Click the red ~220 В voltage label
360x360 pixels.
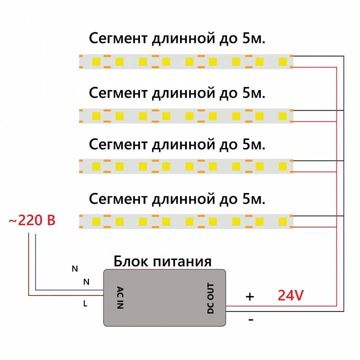[32, 220]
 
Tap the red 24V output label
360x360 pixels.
[290, 295]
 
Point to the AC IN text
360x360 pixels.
[119, 298]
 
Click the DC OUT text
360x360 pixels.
[210, 298]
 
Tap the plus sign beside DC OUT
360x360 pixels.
[249, 296]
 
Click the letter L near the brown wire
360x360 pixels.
[85, 303]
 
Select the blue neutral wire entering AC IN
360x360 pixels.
[70, 289]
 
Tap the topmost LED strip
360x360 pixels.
[186, 61]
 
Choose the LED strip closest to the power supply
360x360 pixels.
[186, 220]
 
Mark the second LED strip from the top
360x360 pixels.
[186, 116]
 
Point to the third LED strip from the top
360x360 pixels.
[186, 166]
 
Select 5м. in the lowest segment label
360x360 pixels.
[253, 199]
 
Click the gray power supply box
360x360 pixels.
[164, 297]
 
